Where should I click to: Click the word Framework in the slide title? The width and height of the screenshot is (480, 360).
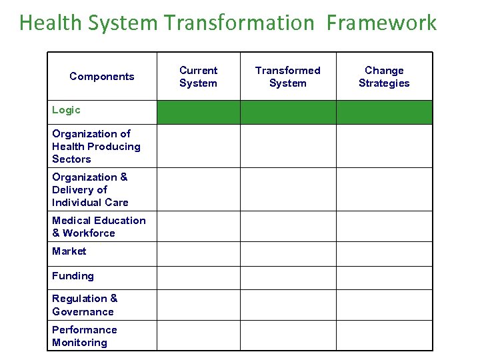pos(381,23)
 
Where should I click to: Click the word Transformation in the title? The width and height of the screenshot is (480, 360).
pos(238,23)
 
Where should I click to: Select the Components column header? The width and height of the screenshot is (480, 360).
pos(102,77)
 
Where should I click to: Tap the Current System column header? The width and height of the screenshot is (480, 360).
pos(198,77)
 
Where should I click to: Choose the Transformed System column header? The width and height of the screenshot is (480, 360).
pos(287,77)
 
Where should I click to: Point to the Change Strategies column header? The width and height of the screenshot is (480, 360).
pos(384,77)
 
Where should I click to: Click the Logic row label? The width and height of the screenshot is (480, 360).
pos(66,110)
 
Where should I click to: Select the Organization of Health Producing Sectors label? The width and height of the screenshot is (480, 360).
pos(96,146)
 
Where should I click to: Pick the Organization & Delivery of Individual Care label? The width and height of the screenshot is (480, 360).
pos(90,189)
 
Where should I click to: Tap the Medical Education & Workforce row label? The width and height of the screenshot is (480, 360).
pos(99,227)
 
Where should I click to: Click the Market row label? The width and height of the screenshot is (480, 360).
pos(69,251)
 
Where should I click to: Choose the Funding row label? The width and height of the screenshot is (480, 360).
pos(73,276)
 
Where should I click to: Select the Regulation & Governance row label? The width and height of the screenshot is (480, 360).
pos(85,305)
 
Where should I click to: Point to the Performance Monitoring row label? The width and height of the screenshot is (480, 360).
pos(84,336)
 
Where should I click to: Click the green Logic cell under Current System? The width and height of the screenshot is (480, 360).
pos(198,112)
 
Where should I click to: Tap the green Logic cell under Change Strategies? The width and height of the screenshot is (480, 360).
pos(384,112)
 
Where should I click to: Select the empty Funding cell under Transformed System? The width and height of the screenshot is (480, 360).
pos(287,277)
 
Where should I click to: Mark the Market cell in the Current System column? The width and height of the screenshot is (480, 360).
pos(198,253)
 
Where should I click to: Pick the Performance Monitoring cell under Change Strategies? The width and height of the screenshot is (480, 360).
pos(384,336)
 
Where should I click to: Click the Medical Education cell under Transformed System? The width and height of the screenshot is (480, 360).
pos(287,227)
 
